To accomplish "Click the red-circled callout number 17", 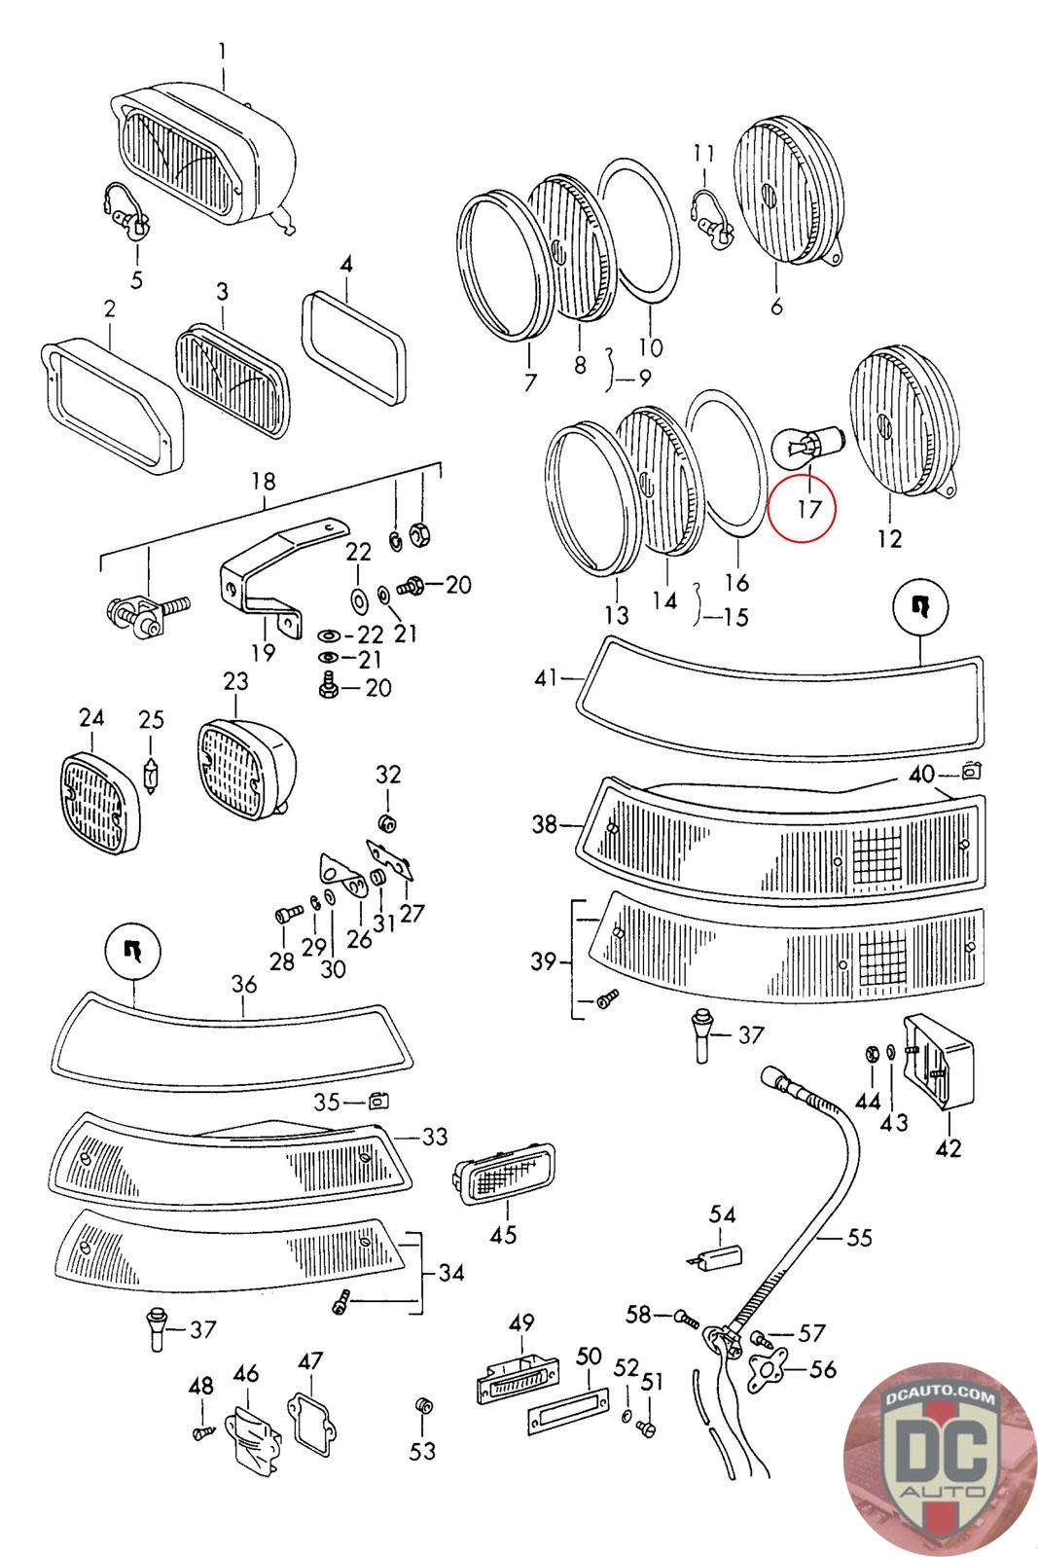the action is [x=808, y=509].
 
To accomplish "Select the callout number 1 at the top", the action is [x=222, y=52].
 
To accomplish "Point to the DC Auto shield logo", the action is [x=939, y=1459].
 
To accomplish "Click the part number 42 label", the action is [x=949, y=1147].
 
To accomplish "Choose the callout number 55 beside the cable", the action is [x=859, y=1237].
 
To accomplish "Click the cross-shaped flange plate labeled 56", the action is [x=769, y=1368].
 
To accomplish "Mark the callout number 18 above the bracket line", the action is [x=264, y=481].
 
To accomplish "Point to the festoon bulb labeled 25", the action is [x=150, y=775].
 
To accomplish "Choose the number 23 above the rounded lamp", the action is [x=235, y=680].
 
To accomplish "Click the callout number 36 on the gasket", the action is [x=244, y=984].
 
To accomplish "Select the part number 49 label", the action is [x=521, y=1322].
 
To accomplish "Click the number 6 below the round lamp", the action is [x=776, y=306].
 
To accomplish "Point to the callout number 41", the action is [x=546, y=677].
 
